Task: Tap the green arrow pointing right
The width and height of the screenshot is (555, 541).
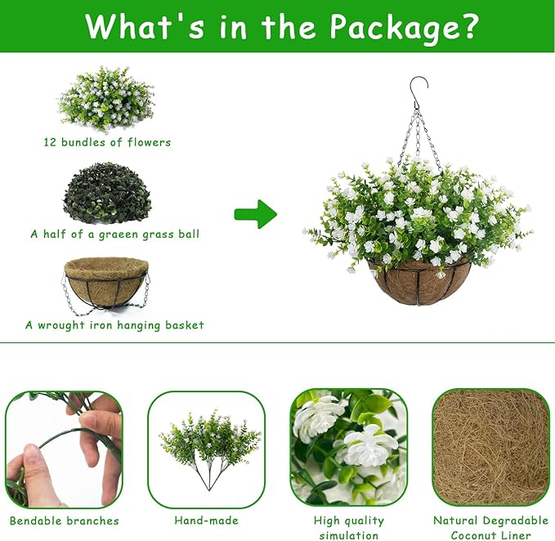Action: tap(256, 215)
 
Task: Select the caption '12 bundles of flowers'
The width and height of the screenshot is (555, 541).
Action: tap(107, 142)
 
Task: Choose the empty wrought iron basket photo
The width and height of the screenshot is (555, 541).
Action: tap(106, 282)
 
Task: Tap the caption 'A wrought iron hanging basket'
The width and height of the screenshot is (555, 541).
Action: tap(114, 325)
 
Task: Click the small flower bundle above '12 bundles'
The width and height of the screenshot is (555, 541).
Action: tap(106, 98)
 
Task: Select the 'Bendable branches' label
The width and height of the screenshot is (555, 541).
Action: tap(65, 521)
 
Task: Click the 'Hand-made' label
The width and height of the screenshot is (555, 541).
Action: tap(206, 521)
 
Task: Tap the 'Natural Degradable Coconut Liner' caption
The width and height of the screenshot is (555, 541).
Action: tap(490, 528)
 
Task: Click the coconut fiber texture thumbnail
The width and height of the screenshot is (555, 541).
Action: tap(490, 448)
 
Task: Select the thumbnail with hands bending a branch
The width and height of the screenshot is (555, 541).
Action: tap(64, 449)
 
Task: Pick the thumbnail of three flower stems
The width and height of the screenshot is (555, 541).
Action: tap(206, 449)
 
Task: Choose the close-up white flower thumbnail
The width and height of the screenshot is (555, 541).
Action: tap(348, 448)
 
